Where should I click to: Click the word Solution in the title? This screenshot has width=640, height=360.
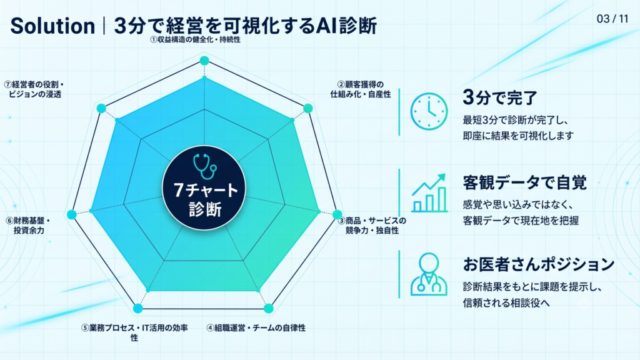[52, 26]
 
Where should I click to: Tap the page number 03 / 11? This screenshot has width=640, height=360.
[612, 19]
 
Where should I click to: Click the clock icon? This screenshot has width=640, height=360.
[429, 111]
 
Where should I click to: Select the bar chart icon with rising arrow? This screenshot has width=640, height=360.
[429, 193]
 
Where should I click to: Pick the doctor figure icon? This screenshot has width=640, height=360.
[429, 274]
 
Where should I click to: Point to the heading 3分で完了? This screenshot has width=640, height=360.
[500, 97]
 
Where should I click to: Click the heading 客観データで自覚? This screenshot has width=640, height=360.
[524, 182]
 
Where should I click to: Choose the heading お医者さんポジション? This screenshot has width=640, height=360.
[538, 264]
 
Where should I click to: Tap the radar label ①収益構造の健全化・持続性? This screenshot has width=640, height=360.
[195, 39]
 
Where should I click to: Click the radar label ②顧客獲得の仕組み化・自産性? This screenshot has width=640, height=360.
[361, 89]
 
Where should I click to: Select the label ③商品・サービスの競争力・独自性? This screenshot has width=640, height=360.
[372, 226]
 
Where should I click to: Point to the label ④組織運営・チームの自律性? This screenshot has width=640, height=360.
[256, 327]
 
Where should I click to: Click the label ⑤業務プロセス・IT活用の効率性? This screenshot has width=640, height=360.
[134, 332]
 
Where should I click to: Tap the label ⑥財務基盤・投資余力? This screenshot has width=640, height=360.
[27, 226]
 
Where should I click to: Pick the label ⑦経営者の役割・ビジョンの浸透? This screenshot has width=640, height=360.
[34, 89]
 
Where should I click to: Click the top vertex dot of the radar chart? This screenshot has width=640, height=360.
[204, 61]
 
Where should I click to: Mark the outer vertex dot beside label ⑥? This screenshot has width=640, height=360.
[71, 214]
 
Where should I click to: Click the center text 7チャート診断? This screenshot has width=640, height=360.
[205, 199]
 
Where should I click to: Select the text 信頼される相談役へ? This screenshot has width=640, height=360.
[506, 303]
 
